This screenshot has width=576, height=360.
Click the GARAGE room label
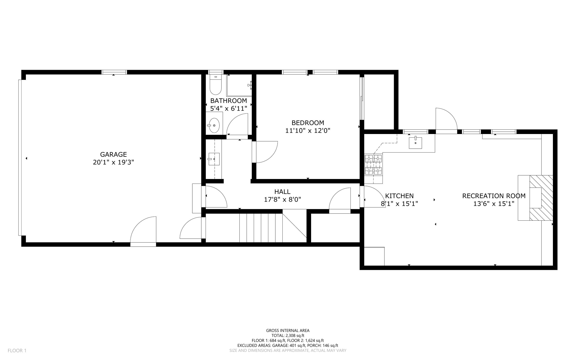tap(113, 154)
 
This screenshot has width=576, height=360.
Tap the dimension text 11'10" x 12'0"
tap(308, 131)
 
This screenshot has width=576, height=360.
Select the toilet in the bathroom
tap(216, 85)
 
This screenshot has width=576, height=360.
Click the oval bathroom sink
tap(214, 125)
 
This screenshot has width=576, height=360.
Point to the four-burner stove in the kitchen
tap(373, 164)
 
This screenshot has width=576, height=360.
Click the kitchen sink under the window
tap(415, 142)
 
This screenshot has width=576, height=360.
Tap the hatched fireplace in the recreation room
tap(541, 198)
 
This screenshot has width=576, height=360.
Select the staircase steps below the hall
tap(261, 228)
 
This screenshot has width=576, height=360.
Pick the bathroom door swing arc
tap(237, 124)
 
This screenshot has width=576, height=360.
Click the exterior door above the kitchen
tap(446, 120)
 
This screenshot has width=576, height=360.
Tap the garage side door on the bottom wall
tap(143, 231)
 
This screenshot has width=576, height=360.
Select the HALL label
tap(282, 192)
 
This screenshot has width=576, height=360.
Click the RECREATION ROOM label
tap(494, 196)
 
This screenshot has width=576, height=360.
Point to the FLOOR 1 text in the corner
tap(17, 350)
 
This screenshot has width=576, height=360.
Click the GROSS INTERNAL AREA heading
tap(288, 330)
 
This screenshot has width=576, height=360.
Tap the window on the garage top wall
tap(114, 72)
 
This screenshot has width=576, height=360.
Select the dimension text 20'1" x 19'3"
tap(113, 162)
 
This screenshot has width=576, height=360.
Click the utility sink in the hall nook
tap(214, 159)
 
